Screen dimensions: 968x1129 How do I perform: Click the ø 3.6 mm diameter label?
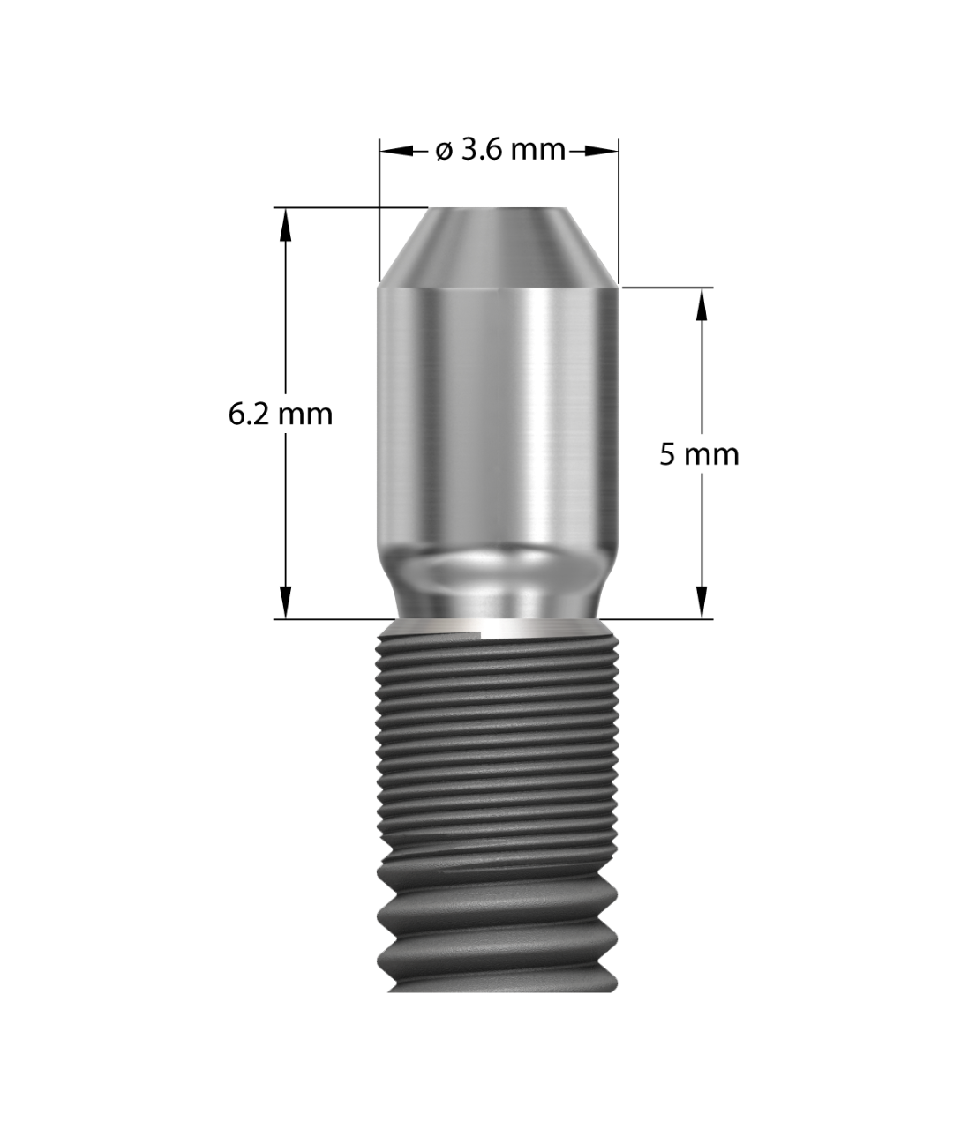click(x=500, y=150)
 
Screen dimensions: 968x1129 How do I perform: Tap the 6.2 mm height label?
click(x=280, y=415)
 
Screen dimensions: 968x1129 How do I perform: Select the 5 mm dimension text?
click(x=699, y=454)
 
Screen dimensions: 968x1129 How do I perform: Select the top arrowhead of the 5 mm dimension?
click(x=702, y=304)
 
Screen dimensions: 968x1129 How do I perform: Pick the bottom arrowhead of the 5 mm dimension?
click(x=702, y=602)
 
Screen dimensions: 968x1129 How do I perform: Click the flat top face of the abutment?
click(x=498, y=209)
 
